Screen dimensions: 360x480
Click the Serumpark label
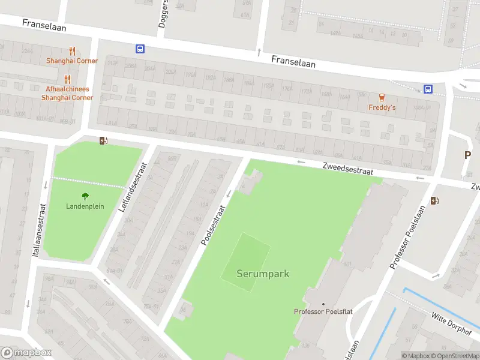coord(263,274)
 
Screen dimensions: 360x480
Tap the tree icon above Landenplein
coord(85,196)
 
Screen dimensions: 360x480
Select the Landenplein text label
coord(85,206)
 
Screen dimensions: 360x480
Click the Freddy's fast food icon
coord(382,97)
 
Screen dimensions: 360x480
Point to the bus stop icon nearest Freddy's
coord(428,89)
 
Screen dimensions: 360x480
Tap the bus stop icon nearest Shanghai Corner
coord(140,49)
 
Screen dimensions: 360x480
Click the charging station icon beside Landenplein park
coord(103,141)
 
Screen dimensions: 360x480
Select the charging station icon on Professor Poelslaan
coord(434,201)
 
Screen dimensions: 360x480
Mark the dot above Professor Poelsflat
coord(323,304)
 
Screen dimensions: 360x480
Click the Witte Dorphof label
coord(452,324)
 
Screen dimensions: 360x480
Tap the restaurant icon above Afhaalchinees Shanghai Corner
coord(67,79)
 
